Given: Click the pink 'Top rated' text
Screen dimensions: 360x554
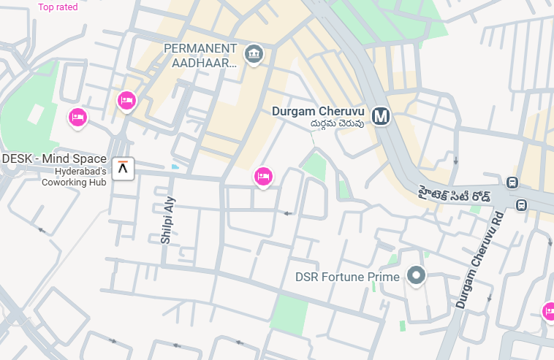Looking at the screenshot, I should coord(58,7).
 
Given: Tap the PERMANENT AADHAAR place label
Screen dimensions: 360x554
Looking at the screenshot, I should coord(200,55).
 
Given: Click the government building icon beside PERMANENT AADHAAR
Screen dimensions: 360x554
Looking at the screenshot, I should coord(254,53).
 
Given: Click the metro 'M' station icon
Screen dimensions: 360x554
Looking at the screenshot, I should coord(380,116).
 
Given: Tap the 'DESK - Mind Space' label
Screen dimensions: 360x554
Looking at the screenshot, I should coord(54,158).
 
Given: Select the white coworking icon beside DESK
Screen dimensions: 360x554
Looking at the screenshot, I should coord(125,169).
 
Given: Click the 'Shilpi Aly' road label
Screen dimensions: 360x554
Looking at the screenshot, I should coord(168,220).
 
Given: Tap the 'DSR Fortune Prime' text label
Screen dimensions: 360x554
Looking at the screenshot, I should coord(347,277).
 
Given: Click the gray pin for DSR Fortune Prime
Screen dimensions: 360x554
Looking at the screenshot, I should coord(417,275).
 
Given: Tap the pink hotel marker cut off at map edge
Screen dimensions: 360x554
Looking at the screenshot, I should coord(549,312).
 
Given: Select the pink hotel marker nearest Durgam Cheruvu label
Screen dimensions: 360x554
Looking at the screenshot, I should coord(263,176).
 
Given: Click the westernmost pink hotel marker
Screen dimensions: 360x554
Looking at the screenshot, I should coord(77,117).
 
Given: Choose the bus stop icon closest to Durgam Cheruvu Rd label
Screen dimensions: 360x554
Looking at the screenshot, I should coord(520,204).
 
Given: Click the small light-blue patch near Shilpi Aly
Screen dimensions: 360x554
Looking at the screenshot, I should coord(175,166).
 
